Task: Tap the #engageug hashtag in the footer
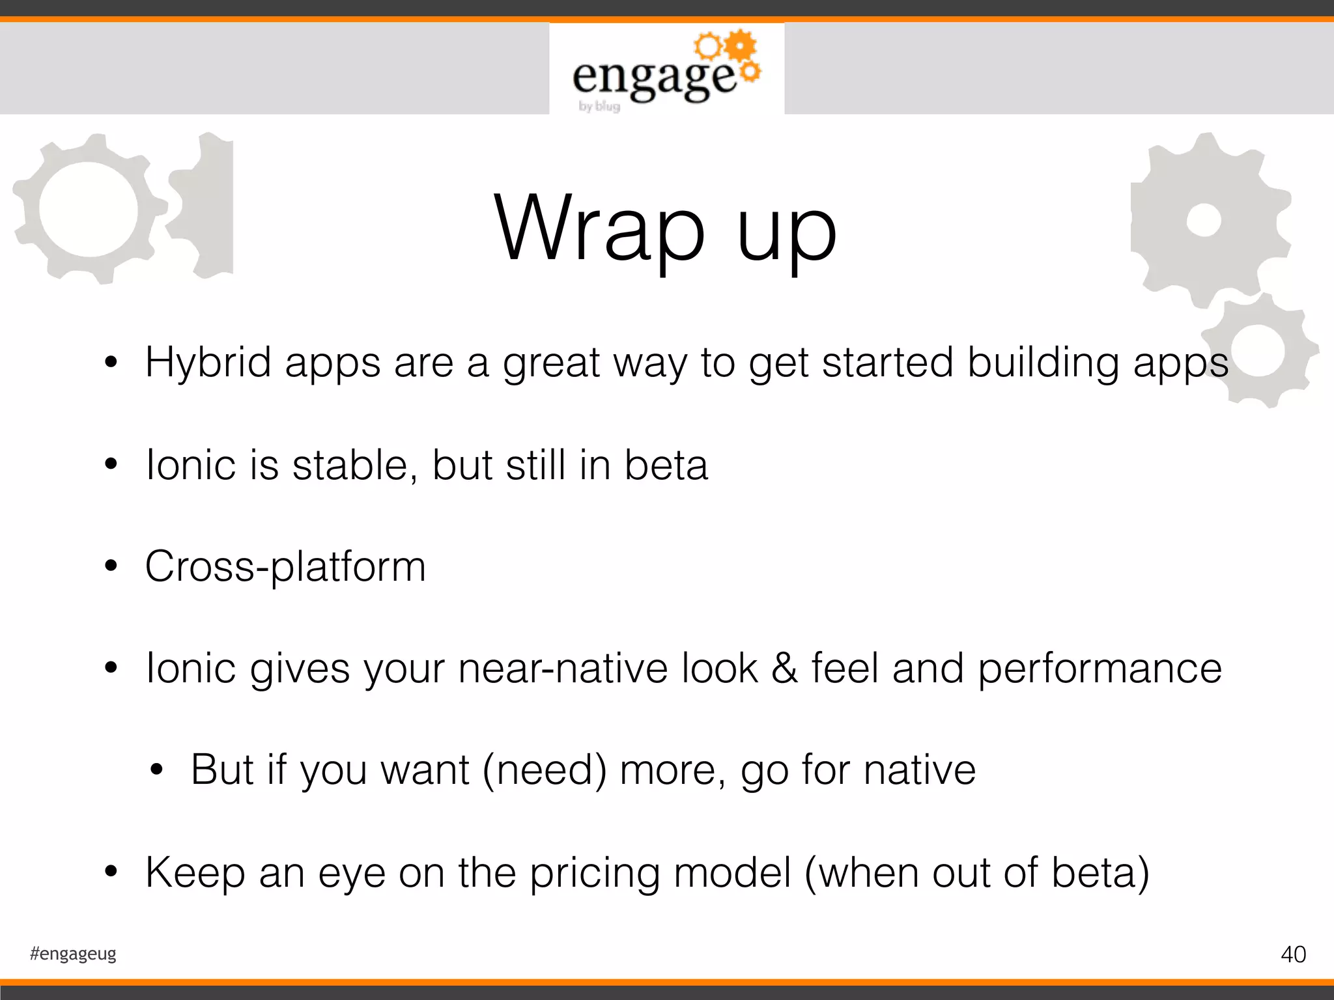[73, 954]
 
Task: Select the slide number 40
[1293, 954]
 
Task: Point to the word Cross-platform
[285, 566]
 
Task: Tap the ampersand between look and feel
[784, 669]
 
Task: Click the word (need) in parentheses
[545, 771]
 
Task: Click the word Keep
[195, 874]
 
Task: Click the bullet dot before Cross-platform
[111, 566]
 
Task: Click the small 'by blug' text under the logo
[599, 106]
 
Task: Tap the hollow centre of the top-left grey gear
[89, 208]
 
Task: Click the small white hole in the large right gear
[1203, 220]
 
